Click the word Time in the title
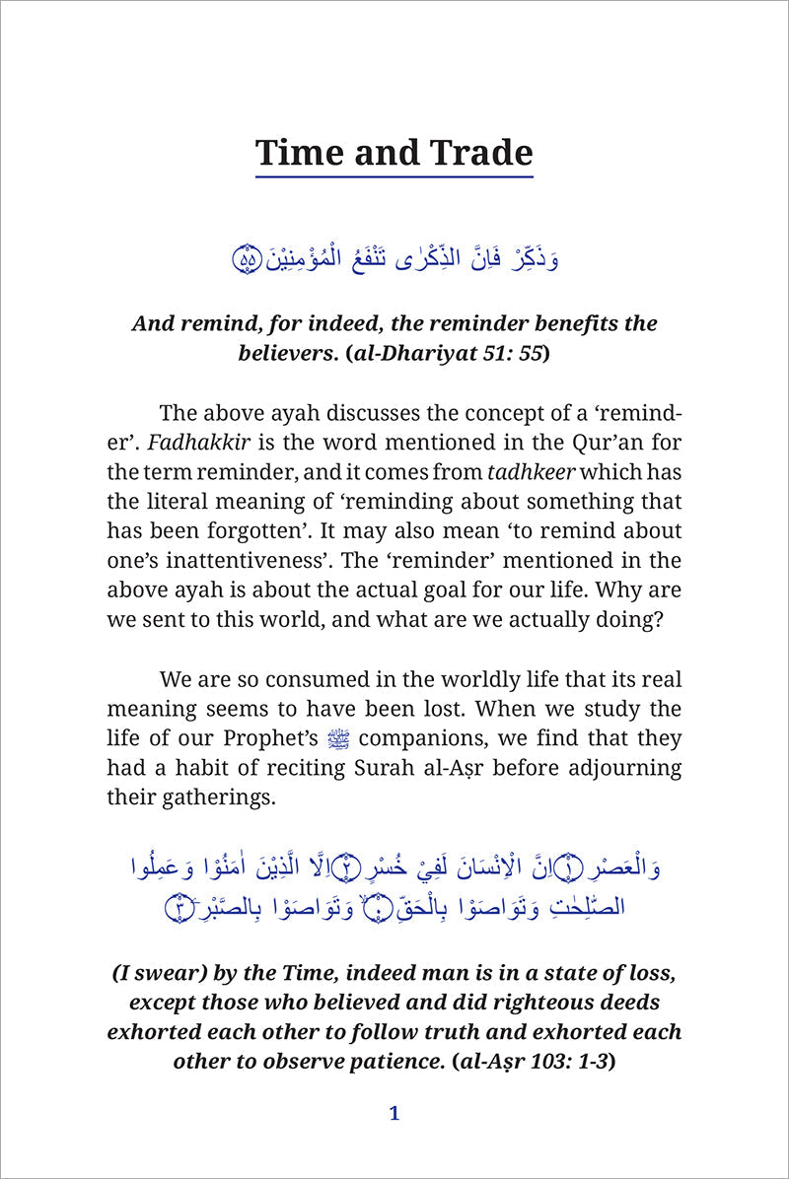click(x=298, y=153)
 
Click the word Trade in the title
click(x=477, y=153)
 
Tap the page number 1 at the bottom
click(x=394, y=1114)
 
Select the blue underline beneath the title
click(x=394, y=176)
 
